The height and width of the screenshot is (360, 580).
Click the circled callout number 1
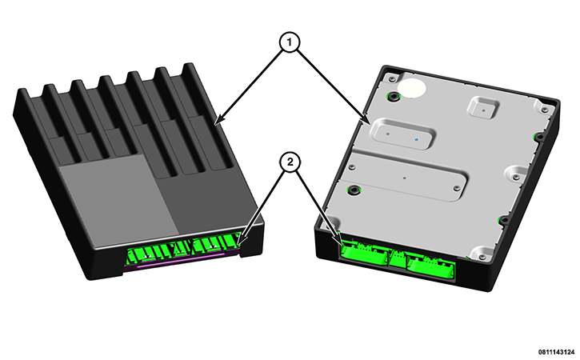point(290,42)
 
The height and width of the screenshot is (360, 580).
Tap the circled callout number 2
point(290,162)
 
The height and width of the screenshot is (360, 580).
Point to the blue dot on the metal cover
point(417,140)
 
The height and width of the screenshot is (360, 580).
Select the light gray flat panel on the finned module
point(118,200)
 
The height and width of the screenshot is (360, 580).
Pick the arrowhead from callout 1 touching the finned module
point(218,120)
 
